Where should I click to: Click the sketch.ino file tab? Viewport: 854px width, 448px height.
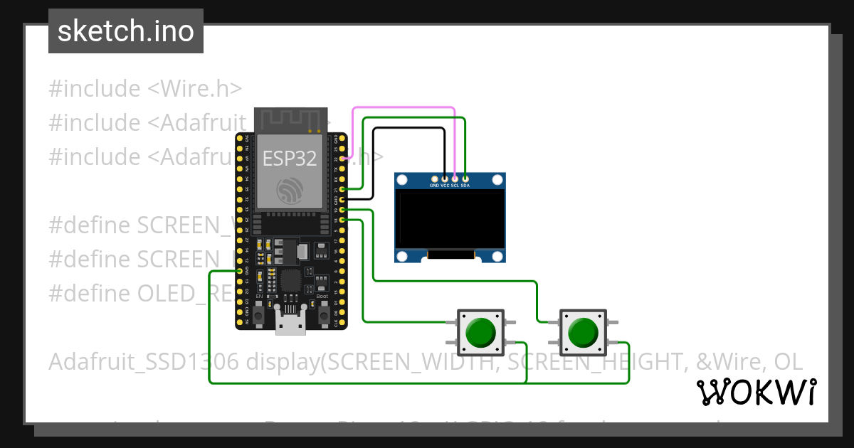[125, 31]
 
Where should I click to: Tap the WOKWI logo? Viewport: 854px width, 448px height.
[756, 392]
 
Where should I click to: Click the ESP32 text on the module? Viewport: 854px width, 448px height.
[290, 158]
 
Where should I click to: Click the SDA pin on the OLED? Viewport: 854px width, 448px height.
[465, 178]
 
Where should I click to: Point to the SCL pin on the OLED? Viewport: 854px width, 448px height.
[455, 178]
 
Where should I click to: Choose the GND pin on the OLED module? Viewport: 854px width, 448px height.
[434, 178]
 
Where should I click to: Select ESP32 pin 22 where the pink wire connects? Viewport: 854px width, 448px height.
[344, 159]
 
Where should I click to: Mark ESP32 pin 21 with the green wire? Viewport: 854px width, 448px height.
[344, 189]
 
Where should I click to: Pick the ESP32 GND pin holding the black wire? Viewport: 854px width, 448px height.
[344, 200]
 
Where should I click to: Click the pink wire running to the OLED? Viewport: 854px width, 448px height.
[403, 108]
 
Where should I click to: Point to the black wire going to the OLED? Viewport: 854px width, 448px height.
[409, 129]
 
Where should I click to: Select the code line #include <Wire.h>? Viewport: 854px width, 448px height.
[145, 89]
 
